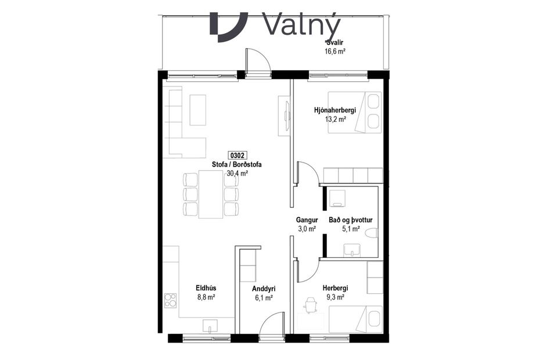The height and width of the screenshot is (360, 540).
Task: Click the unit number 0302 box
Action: pos(238,155)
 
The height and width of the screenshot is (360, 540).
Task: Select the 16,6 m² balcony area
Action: pos(335,51)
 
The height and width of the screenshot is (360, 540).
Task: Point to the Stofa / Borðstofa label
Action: pos(237,164)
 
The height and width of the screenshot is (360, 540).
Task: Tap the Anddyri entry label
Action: pos(263,289)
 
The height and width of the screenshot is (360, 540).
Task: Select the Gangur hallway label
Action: pos(307,220)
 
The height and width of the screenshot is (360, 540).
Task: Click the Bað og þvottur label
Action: pos(350,220)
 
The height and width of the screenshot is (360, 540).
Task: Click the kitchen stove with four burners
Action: pos(170,300)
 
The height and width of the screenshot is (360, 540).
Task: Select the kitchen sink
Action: pos(210,326)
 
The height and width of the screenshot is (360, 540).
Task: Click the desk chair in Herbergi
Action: pos(311,303)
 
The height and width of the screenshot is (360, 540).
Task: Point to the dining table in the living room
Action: pos(210,194)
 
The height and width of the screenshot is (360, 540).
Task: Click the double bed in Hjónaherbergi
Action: pos(355,112)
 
